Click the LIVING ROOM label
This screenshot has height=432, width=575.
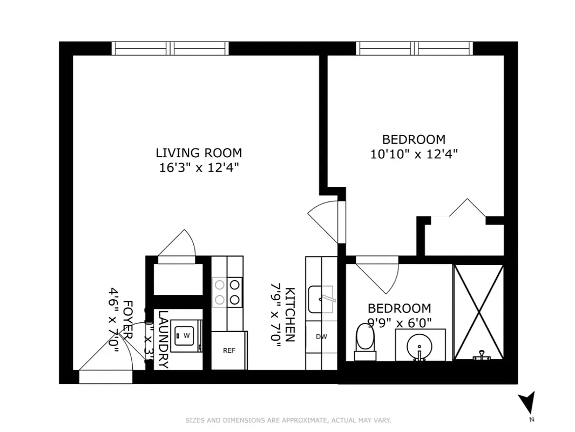[x=199, y=153]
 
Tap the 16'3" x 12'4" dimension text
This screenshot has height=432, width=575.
[x=199, y=167]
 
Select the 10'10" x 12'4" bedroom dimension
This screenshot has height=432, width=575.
[x=414, y=154]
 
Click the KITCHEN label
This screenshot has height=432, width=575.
[x=290, y=314]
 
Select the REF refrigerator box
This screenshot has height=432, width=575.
[x=229, y=350]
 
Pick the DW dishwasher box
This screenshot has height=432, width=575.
[x=321, y=336]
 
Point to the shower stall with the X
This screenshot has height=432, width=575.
[x=478, y=312]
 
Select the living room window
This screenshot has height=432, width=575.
[x=171, y=49]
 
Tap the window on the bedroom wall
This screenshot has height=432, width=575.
[x=414, y=49]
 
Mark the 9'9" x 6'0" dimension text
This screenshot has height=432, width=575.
[x=400, y=323]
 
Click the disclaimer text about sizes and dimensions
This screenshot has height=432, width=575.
[x=288, y=420]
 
